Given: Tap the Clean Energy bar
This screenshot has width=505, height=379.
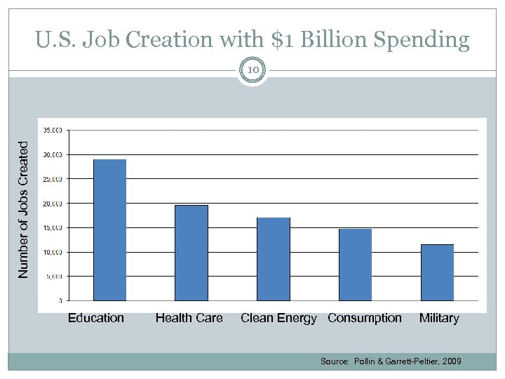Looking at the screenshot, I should pos(273,259).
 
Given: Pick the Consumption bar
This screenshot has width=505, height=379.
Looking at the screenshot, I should pos(355,265).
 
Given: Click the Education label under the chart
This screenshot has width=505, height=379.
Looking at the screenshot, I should pos(96,318).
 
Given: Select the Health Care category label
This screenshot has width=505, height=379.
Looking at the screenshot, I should pos(189,318).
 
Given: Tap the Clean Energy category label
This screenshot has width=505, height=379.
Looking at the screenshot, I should pos(278,318).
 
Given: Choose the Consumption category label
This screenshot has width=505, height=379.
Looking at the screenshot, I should pos(365,318).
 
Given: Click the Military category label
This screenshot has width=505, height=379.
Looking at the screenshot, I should pos(439,318).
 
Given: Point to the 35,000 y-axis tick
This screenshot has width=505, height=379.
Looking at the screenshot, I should pos(53,131).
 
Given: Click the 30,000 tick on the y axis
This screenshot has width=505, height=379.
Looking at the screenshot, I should pos(53,154).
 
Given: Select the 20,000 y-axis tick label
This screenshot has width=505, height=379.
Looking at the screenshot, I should pos(53,204).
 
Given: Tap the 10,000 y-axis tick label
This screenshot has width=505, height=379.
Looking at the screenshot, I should pos(53,252).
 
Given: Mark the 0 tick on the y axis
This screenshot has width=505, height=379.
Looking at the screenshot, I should pos(60,300).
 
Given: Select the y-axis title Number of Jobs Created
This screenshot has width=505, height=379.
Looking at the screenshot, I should pos(24,209).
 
